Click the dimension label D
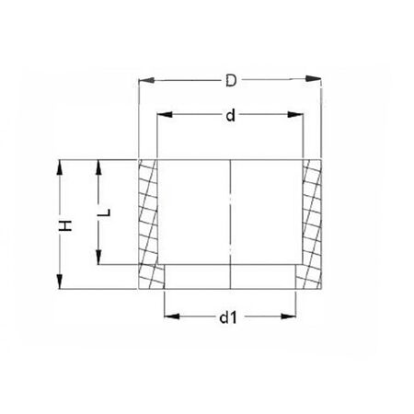232,81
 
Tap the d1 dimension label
229,318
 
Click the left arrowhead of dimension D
144,81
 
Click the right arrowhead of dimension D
319,81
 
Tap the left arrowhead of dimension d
161,115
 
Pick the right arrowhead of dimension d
299,115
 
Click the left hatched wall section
150,221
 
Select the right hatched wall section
312,221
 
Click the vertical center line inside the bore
230,221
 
